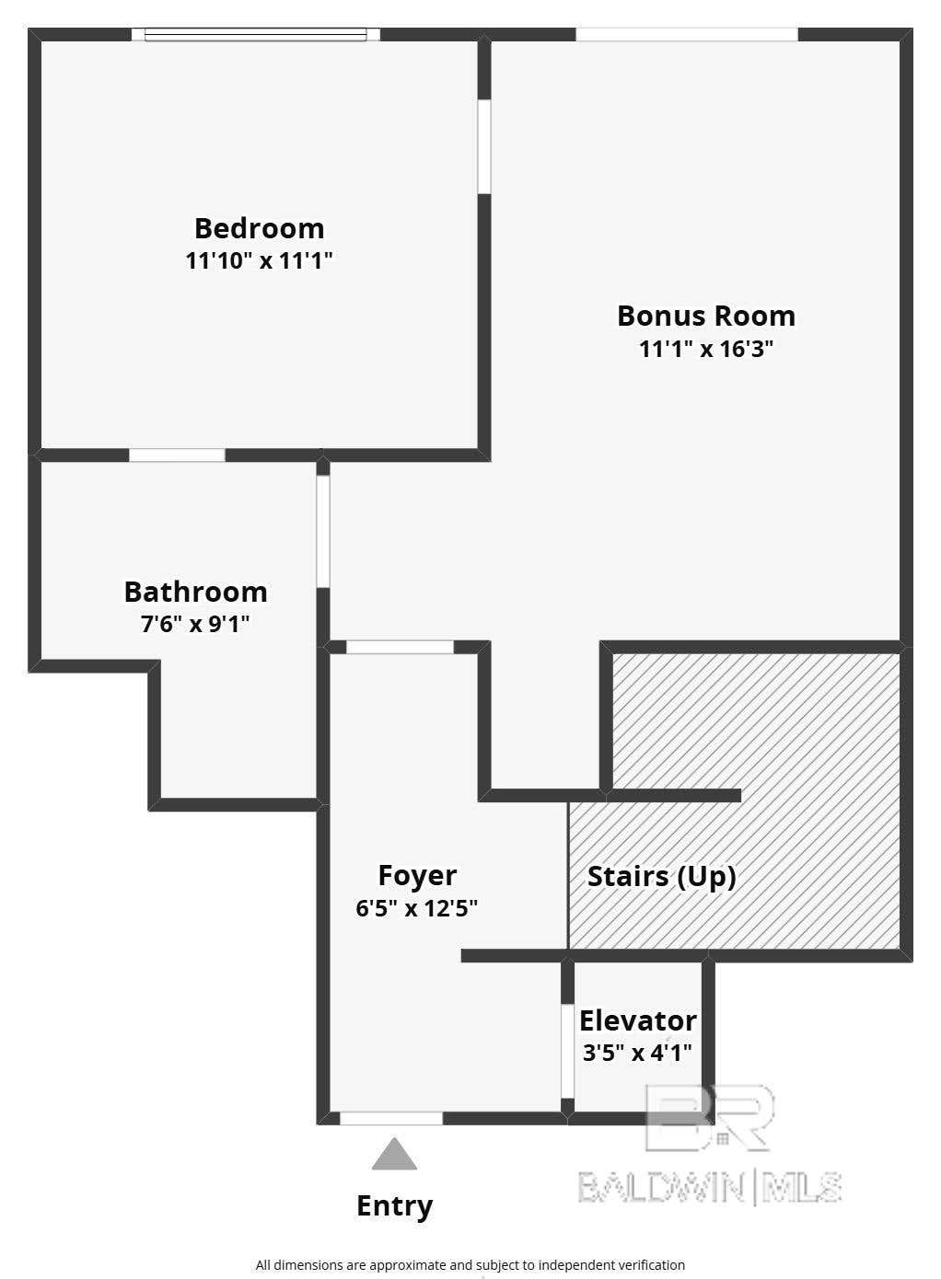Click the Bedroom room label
[260, 229]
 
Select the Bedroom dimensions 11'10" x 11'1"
[259, 261]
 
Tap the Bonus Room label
[706, 316]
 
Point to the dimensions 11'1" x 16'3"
[706, 349]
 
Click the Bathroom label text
[196, 592]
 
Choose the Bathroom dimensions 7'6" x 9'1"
[195, 624]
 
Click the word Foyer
[417, 875]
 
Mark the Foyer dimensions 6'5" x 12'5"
[416, 907]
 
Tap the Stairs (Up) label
[662, 877]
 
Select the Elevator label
[638, 1020]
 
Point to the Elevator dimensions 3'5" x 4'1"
[637, 1052]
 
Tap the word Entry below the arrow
[395, 1206]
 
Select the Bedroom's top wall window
[255, 35]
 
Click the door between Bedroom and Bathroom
[177, 455]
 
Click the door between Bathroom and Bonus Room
[323, 532]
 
